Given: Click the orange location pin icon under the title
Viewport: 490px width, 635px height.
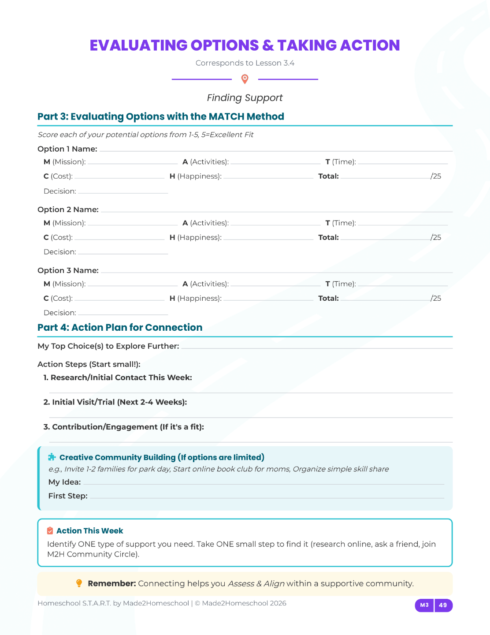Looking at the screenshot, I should coord(245,79).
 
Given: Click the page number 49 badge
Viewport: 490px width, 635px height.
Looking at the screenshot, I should coord(443,605).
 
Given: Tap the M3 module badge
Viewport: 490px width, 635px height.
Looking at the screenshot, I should coord(424,605).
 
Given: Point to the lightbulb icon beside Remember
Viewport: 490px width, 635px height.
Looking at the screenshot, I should coord(79,583).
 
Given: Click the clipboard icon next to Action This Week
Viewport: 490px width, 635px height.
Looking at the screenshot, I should coord(50,531).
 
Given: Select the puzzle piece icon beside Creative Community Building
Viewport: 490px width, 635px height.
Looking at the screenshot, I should coord(52,457).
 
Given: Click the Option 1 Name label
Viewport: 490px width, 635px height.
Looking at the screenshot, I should coord(67,149).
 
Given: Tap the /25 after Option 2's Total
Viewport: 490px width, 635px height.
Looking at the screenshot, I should coord(436,237).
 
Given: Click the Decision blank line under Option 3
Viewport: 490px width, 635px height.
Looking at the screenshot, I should coord(123,314).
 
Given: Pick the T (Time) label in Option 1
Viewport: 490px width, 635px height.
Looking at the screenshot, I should coord(341,162).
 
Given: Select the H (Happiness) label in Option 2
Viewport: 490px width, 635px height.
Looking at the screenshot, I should coord(196,237).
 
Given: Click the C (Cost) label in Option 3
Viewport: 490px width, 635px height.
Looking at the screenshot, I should coord(58,298).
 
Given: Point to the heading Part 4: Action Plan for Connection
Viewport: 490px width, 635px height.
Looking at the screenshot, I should coord(120,327).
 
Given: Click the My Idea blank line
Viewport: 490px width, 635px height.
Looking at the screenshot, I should coord(264,483).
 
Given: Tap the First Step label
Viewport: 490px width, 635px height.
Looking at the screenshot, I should coord(68,496).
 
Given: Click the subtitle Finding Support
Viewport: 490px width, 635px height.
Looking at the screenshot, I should coord(245,98).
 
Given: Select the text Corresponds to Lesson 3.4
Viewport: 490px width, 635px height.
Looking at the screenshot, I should coord(245,63).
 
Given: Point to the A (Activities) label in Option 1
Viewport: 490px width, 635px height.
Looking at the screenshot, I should coord(206,162).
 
